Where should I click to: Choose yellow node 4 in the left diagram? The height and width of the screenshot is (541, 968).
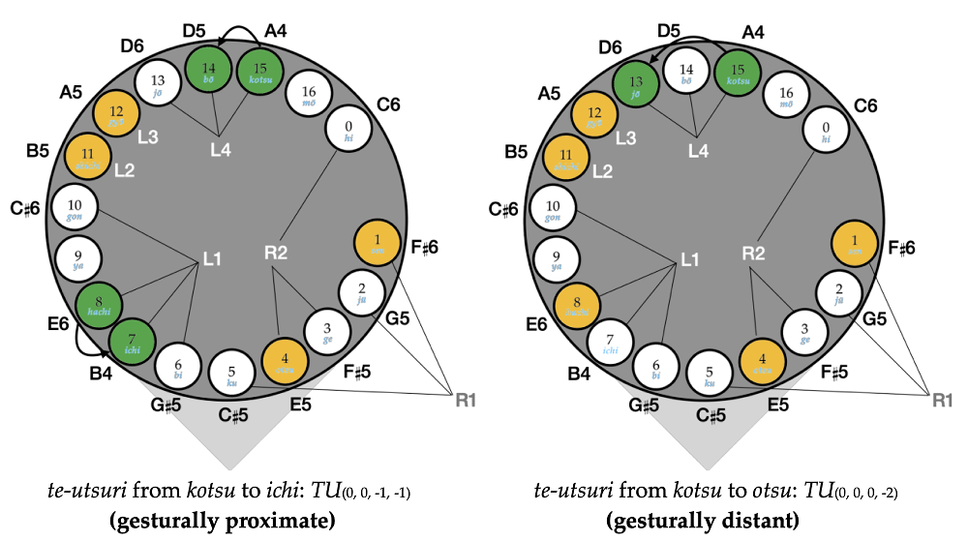[x=286, y=362]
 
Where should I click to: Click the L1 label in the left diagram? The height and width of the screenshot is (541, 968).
[x=212, y=259]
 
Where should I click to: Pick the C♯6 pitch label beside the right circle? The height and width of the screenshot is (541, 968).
[x=508, y=209]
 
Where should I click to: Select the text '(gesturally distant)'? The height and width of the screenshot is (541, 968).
[x=703, y=521]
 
